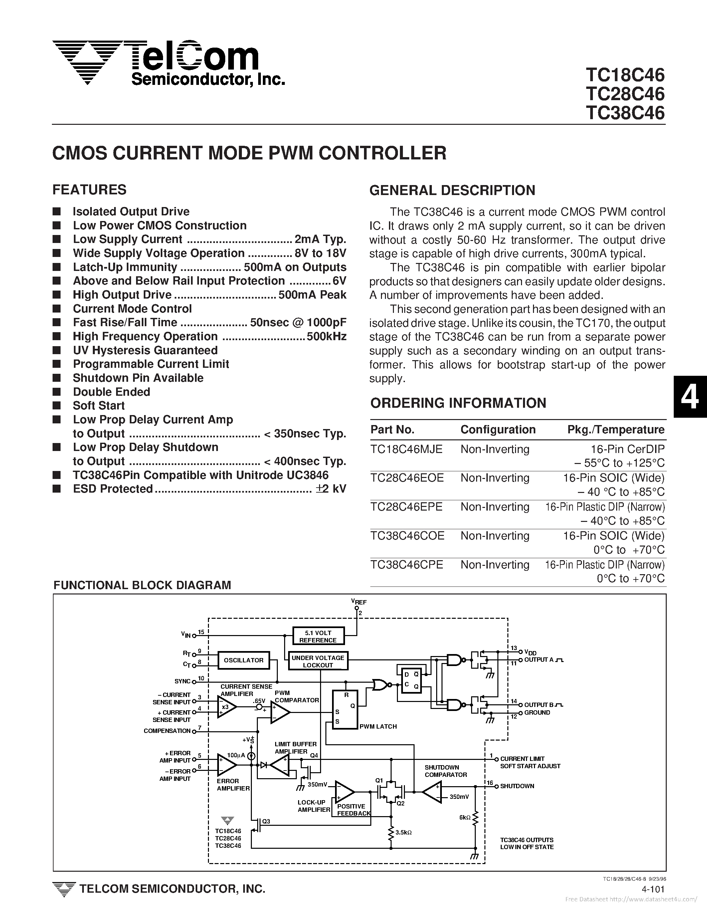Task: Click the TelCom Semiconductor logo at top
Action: coord(167,63)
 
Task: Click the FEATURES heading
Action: coord(89,190)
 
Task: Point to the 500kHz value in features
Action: coord(326,337)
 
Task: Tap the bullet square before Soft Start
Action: coord(57,405)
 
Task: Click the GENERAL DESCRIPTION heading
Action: coord(452,190)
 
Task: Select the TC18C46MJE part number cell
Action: coord(406,449)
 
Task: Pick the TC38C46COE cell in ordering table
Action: coord(407,536)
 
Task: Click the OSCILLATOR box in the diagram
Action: coord(244,660)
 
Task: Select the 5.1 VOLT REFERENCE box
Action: coord(318,637)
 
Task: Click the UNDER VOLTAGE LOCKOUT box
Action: coord(318,661)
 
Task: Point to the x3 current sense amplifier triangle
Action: coord(226,707)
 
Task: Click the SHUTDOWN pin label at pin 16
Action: coord(517,786)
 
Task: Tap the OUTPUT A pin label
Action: coord(539,660)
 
